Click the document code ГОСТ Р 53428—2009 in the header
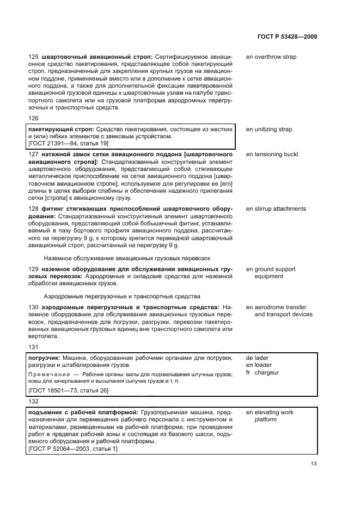click(x=286, y=36)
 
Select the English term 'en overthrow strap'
click(x=271, y=57)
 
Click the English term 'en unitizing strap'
click(x=269, y=130)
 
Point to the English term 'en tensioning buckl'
click(x=272, y=155)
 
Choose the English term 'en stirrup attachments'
click(x=276, y=209)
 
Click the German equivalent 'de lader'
click(x=258, y=358)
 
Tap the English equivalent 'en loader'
click(x=259, y=365)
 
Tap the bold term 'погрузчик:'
click(x=44, y=358)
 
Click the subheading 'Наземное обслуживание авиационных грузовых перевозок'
click(x=127, y=258)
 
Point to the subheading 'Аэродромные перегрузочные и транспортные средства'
click(x=122, y=297)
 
